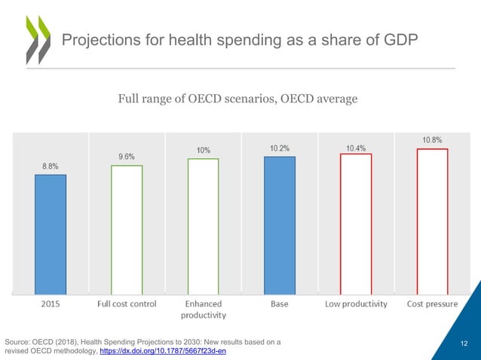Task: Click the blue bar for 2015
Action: click(51, 233)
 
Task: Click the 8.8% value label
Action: click(51, 165)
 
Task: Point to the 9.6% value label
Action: click(127, 156)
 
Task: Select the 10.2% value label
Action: click(280, 148)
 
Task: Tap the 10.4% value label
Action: click(356, 148)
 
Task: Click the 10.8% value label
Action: click(432, 139)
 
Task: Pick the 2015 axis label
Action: click(51, 304)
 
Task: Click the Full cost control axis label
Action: click(127, 304)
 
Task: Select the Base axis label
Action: click(280, 304)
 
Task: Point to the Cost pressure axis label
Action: click(432, 304)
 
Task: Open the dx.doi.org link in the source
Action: click(163, 351)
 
